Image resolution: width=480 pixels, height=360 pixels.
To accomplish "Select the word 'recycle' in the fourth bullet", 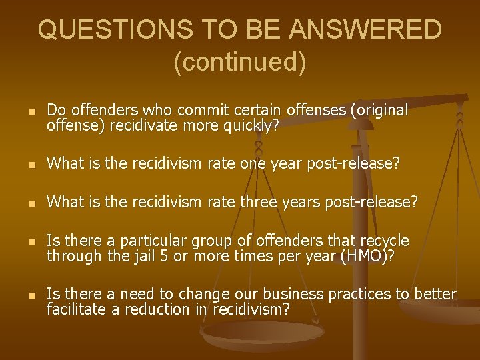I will tap(386, 241).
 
